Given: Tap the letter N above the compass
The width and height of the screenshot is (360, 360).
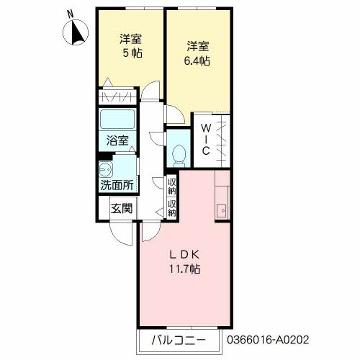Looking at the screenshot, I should [70, 14].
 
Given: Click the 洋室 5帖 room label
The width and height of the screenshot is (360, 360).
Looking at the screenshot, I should [131, 46].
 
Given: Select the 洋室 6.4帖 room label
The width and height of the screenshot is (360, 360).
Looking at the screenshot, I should [197, 54].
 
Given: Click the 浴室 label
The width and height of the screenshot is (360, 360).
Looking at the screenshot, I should [117, 141].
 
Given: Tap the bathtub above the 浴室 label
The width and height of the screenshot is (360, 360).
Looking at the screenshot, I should [117, 120].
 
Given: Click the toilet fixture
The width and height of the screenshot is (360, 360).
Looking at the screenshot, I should [180, 153].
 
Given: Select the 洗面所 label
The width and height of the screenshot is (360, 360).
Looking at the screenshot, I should [117, 184].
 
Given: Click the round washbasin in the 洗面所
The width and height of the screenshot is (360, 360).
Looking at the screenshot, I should [106, 170].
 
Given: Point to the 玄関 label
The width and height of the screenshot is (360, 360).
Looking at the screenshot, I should [121, 209].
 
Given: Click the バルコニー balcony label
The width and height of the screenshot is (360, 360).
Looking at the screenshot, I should [179, 339].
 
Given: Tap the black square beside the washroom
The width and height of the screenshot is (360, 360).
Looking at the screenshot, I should [103, 156].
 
